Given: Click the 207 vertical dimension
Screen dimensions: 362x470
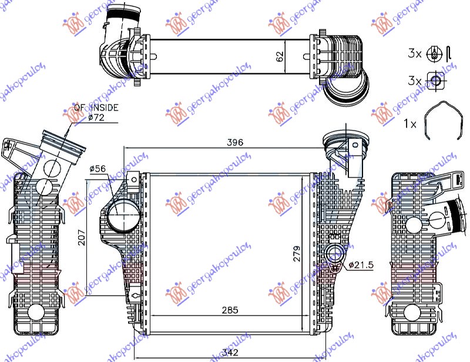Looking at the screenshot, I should point(82,237).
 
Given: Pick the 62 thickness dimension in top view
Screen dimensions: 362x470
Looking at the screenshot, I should point(281,56).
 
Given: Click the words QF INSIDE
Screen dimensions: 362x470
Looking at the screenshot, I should point(95,108).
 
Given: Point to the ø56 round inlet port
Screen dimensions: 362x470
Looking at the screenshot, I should point(123,216).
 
